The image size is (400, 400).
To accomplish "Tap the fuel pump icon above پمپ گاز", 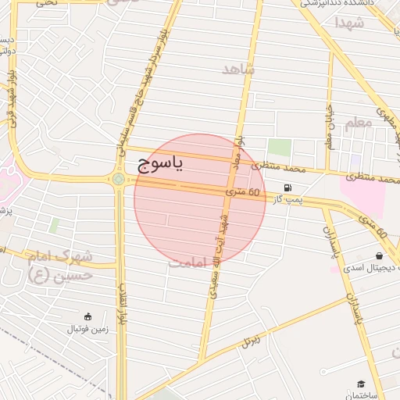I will (x=289, y=187).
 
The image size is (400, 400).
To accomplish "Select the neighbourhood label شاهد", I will (x=238, y=70).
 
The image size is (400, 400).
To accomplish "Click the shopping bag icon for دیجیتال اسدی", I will (x=379, y=255).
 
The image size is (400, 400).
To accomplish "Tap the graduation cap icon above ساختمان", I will (x=361, y=384).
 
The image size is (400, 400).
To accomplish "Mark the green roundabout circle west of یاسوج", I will (x=118, y=180).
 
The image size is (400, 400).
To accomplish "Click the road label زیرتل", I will (x=251, y=340).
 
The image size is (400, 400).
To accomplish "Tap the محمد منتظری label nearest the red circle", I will (x=283, y=168).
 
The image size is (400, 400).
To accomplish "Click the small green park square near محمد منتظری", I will (x=279, y=148).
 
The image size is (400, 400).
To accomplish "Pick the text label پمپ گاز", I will (x=287, y=201).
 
